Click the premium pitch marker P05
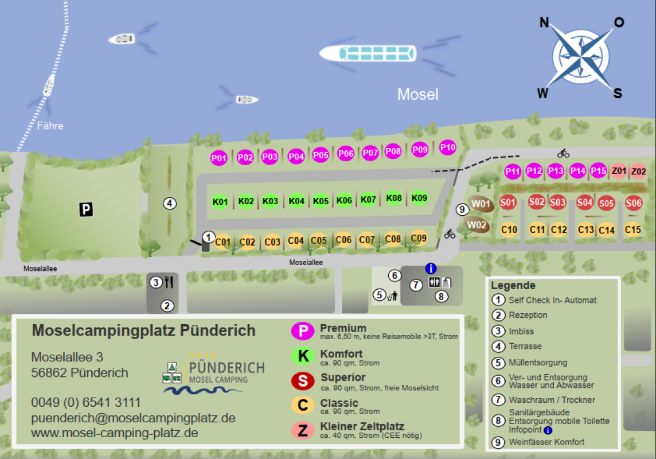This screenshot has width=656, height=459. pyautogui.click(x=321, y=155)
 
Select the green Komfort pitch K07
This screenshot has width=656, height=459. pyautogui.click(x=368, y=200)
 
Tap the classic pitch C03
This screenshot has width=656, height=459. pyautogui.click(x=272, y=242)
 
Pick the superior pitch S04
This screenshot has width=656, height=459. pyautogui.click(x=584, y=202)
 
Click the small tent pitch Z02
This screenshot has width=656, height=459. pyautogui.click(x=638, y=172)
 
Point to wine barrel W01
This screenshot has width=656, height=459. pyautogui.click(x=480, y=204)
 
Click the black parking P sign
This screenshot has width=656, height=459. pyautogui.click(x=86, y=210)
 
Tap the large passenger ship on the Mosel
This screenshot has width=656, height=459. pyautogui.click(x=368, y=54)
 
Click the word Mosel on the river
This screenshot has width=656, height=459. pyautogui.click(x=417, y=95)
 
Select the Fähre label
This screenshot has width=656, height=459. pyautogui.click(x=50, y=126)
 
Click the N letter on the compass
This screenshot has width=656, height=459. pyautogui.click(x=544, y=23)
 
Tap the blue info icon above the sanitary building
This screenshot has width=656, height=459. pyautogui.click(x=431, y=269)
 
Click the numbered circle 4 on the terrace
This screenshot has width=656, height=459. pyautogui.click(x=169, y=203)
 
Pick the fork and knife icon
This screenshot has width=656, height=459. pyautogui.click(x=169, y=282)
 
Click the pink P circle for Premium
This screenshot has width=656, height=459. pyautogui.click(x=303, y=331)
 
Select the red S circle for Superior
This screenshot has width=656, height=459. pyautogui.click(x=303, y=380)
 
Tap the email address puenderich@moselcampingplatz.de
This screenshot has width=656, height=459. pyautogui.click(x=133, y=418)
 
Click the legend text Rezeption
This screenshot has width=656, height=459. pyautogui.click(x=528, y=315)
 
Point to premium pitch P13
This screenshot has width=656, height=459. pyautogui.click(x=556, y=171)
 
